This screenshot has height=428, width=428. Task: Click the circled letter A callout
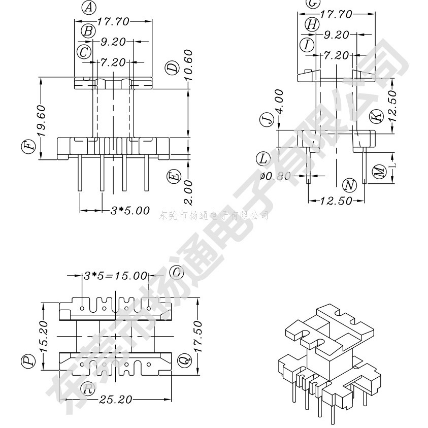(89, 8)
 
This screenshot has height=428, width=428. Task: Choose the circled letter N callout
(349, 184)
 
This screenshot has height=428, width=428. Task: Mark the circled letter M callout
(379, 172)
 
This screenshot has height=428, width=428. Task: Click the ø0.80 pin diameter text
(276, 176)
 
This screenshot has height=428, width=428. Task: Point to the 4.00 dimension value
(279, 102)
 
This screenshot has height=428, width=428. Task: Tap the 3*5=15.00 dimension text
(115, 276)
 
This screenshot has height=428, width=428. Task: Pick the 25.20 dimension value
(115, 400)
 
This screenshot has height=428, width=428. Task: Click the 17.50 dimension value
(198, 338)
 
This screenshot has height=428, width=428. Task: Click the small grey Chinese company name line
(214, 216)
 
